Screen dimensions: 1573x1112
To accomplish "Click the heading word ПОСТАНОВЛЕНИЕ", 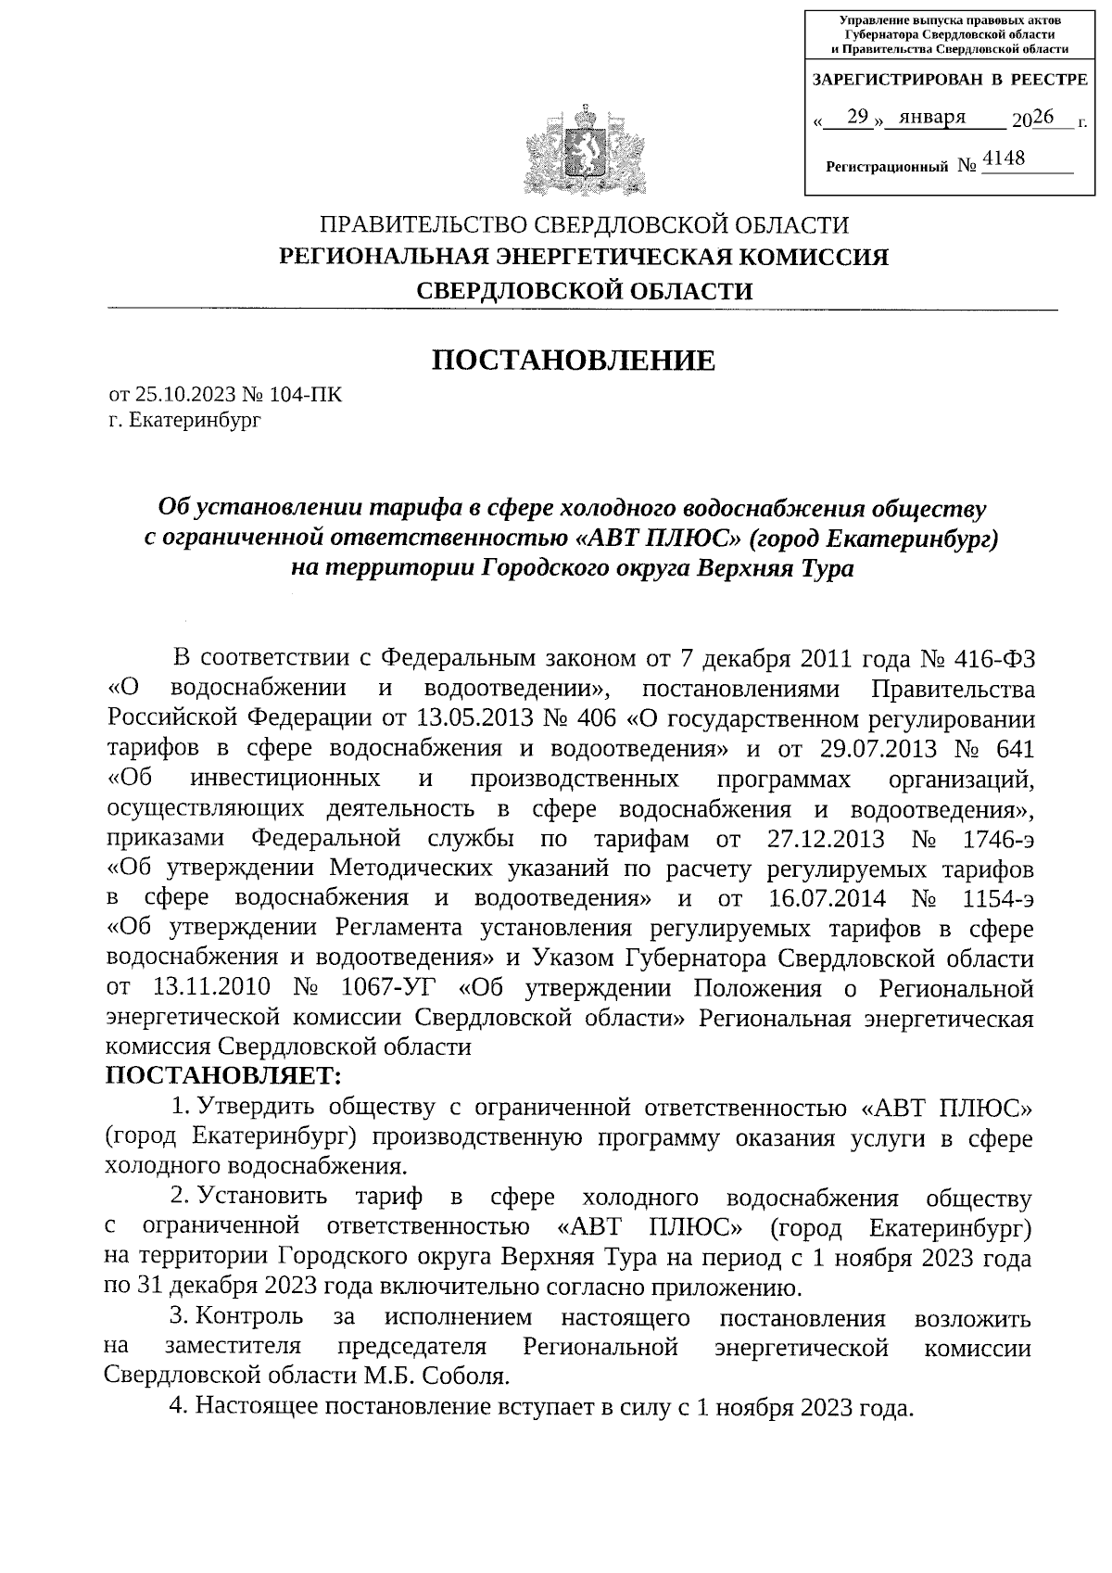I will pos(575,361).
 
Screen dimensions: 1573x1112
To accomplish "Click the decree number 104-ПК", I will pos(305,396).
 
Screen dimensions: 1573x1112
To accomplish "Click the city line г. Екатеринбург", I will pos(184,421).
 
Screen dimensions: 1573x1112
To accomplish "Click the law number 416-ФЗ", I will pos(992,659).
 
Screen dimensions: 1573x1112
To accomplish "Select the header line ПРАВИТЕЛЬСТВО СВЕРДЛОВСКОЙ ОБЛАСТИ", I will pos(583,225).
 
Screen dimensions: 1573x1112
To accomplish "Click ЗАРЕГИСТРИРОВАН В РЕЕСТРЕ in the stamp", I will pos(950,81).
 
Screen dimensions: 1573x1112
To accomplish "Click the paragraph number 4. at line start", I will pos(179,1406).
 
